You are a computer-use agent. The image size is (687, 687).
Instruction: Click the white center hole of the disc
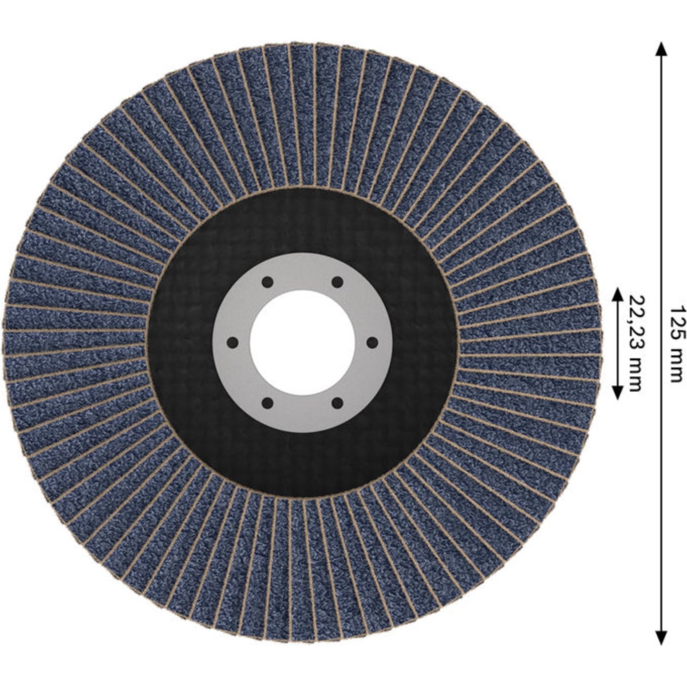tap(302, 342)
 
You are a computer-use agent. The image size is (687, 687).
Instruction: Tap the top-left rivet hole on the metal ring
tap(267, 282)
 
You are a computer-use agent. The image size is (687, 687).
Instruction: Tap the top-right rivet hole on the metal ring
tap(337, 282)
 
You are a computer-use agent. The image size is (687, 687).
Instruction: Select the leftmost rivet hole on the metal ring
tap(232, 343)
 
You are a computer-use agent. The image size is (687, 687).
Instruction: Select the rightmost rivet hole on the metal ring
tap(372, 343)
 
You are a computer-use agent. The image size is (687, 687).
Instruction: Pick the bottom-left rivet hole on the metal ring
tap(267, 403)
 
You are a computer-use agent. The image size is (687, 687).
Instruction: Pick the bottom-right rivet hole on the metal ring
tap(337, 403)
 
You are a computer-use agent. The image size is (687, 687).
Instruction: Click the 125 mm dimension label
tap(676, 343)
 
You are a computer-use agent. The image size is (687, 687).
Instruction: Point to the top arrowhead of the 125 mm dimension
tap(661, 49)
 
